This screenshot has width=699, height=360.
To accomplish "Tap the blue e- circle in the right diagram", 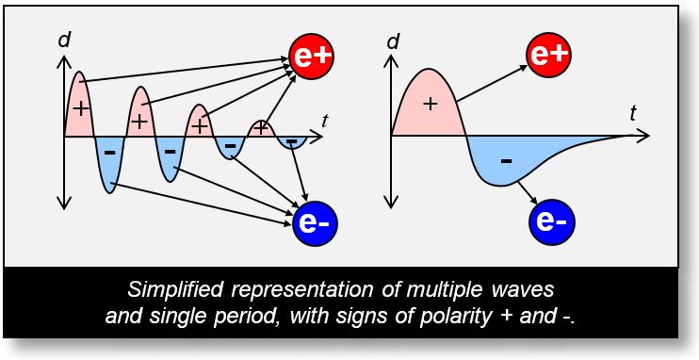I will (x=549, y=221).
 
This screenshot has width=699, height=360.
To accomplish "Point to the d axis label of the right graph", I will (x=393, y=40).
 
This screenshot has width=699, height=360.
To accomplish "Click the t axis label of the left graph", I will (x=324, y=120).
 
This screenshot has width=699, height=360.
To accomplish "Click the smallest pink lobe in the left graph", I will (x=261, y=129).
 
